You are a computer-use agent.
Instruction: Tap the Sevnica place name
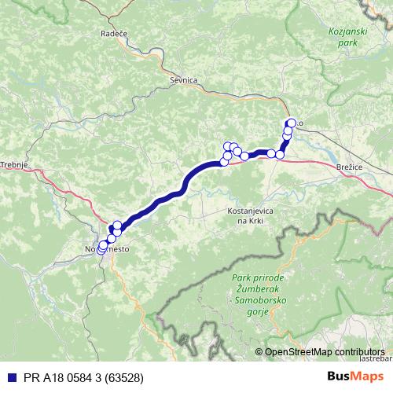182,80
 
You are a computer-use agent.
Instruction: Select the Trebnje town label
14,164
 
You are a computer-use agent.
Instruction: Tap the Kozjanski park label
343,36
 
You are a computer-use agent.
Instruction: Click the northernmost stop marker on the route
292,123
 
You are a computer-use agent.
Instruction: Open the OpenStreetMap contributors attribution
325,352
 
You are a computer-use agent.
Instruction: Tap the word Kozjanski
343,31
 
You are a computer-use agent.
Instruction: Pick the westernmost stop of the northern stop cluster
224,162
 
